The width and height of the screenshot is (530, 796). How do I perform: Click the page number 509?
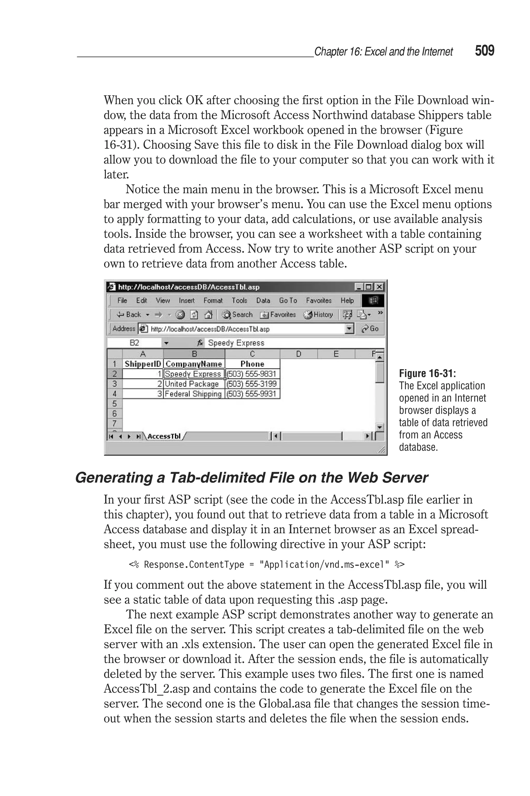[x=484, y=51]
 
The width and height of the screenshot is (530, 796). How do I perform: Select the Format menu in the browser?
[x=213, y=300]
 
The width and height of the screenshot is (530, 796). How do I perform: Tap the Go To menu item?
[x=288, y=300]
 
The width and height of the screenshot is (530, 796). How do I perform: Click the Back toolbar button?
[x=130, y=315]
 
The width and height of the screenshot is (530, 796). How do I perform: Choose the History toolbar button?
[x=318, y=315]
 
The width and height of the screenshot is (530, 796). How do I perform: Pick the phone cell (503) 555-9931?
[x=252, y=394]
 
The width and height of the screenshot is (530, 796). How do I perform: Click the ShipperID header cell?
[x=143, y=364]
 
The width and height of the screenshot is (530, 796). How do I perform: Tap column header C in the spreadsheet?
[x=252, y=354]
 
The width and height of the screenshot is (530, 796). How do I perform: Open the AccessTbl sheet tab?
[x=164, y=436]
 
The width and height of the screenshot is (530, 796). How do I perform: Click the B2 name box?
[x=134, y=343]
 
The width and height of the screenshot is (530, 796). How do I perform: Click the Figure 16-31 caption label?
[x=427, y=373]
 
